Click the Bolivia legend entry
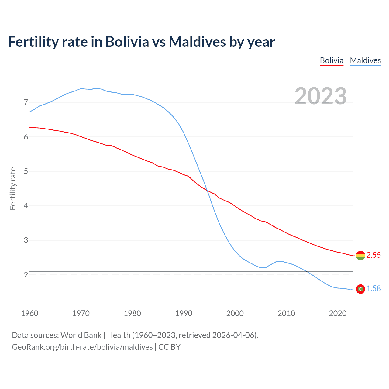coord(332,60)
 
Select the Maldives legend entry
coord(365,60)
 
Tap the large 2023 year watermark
coord(321,96)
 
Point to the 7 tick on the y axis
coord(26,102)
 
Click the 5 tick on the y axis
coord(26,171)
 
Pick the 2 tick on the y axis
coord(26,275)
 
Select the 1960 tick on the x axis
coord(29,313)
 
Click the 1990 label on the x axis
coord(184,313)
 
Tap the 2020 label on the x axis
coord(338,313)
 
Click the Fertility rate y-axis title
coord(13,188)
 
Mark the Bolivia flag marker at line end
coord(360,256)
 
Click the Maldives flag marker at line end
coord(360,289)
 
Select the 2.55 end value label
coord(374,255)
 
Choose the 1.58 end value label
coord(374,289)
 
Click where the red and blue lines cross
coord(208,191)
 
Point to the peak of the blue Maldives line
coord(96,88)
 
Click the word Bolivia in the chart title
coord(127,42)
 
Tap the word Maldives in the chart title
coord(197,42)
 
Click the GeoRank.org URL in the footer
coord(82,347)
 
